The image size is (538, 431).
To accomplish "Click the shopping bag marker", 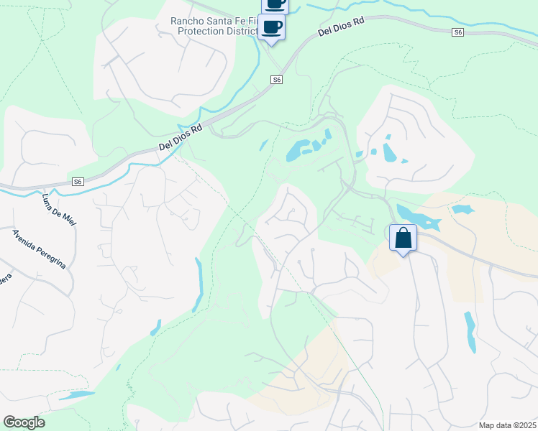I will (x=403, y=238).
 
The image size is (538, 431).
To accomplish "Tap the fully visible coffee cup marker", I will (x=271, y=27).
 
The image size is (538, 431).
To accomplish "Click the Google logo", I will (x=24, y=422).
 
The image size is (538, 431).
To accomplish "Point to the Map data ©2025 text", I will (x=508, y=425).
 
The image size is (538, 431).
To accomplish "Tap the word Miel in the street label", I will (x=69, y=218).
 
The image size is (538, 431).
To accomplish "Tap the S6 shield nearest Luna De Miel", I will (x=78, y=182).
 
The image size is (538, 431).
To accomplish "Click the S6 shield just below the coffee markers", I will (x=277, y=80).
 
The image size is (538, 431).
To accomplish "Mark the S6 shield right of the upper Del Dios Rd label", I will (x=458, y=32).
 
